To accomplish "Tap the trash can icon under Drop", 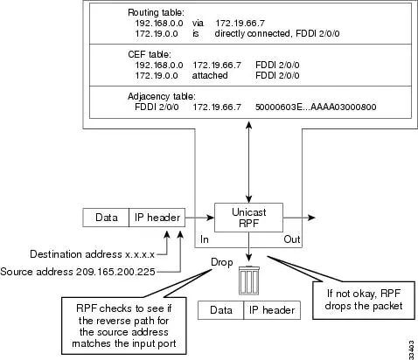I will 250,281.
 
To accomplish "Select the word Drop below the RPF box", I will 222,260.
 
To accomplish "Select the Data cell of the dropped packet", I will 221,310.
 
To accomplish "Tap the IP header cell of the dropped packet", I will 269,310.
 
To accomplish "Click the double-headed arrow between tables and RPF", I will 251,160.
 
